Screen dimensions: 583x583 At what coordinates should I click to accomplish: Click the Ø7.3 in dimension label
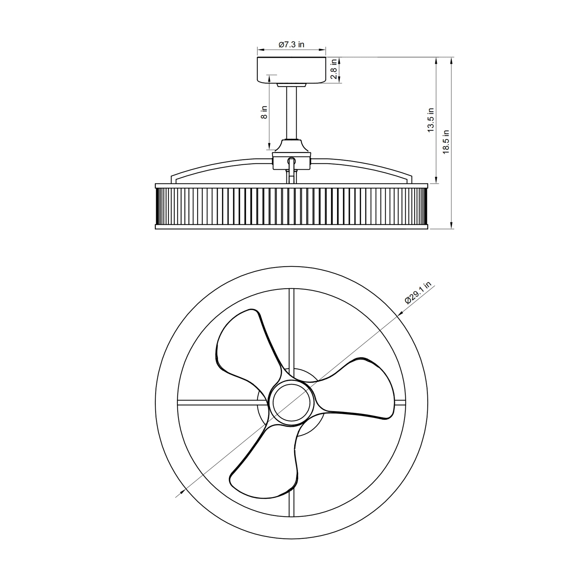click(291, 45)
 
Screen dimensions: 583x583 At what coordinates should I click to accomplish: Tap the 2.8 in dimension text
click(333, 69)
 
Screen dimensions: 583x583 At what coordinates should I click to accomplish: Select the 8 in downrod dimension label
click(264, 112)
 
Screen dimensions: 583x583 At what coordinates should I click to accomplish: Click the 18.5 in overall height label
click(446, 142)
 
